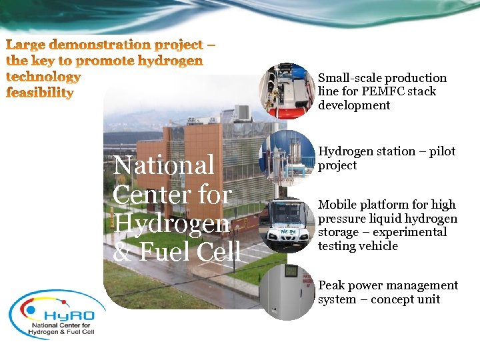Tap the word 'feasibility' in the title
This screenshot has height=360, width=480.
pos(40,93)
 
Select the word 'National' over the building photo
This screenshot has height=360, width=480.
pos(164,165)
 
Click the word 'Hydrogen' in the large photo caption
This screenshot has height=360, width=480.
pos(171,223)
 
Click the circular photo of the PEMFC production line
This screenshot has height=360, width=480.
pos(287,90)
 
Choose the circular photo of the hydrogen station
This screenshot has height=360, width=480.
pos(287,157)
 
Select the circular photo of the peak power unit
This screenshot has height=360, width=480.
pos(287,291)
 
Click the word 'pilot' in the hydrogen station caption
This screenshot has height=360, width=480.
pos(441,151)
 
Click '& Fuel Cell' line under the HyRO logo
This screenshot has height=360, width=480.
pos(67,331)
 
